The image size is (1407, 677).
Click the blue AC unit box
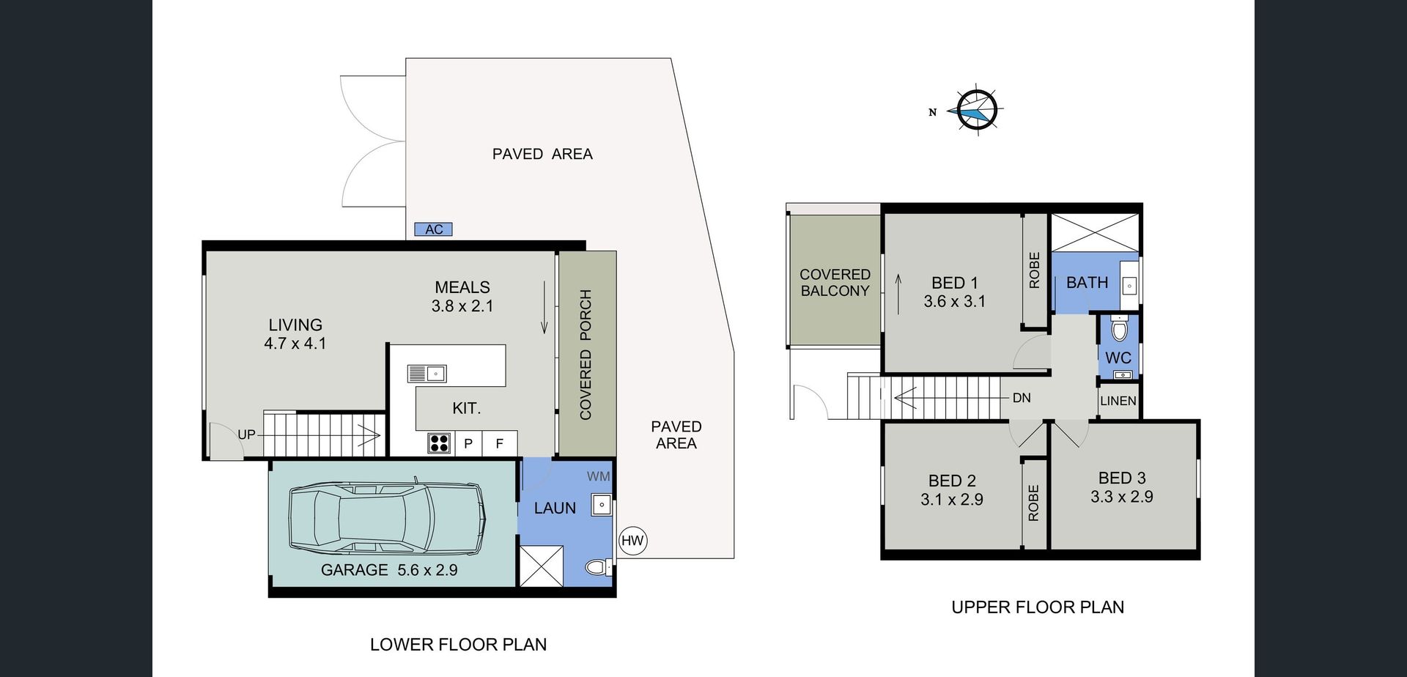(433, 229)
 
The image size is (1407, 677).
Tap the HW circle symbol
(632, 541)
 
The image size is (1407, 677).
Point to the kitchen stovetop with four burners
(439, 443)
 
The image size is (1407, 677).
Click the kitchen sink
(427, 374)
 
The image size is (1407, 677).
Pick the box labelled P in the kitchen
(468, 443)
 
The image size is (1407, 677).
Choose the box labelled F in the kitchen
(500, 443)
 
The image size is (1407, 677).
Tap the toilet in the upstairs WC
(1118, 329)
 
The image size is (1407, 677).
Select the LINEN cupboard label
(1118, 401)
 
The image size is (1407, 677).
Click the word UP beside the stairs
(246, 434)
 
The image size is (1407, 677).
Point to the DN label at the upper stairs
(1022, 398)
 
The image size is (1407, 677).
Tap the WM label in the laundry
(599, 476)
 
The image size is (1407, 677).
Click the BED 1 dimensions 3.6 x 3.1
(954, 301)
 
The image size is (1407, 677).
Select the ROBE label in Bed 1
(1035, 270)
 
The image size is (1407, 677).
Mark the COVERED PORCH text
(586, 355)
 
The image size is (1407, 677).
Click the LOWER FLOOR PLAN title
(458, 645)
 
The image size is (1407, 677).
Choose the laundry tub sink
(602, 506)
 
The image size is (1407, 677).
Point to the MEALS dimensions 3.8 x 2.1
(462, 306)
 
